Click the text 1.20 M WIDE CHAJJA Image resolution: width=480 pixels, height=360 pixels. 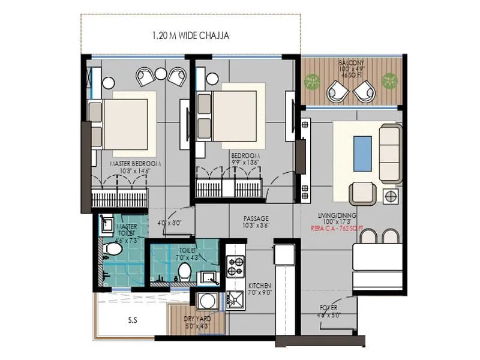190,36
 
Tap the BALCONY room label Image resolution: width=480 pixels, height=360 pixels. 350,62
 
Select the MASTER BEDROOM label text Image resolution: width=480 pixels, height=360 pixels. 135,163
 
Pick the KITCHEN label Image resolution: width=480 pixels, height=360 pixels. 260,285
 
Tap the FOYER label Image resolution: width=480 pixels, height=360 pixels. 328,308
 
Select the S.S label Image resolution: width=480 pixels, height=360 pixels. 132,320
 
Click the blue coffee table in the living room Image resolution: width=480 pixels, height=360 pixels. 362,153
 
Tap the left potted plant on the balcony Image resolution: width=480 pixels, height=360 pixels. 311,80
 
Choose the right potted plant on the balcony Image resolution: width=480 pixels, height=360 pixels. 390,80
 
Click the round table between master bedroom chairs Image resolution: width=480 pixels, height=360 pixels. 160,74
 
